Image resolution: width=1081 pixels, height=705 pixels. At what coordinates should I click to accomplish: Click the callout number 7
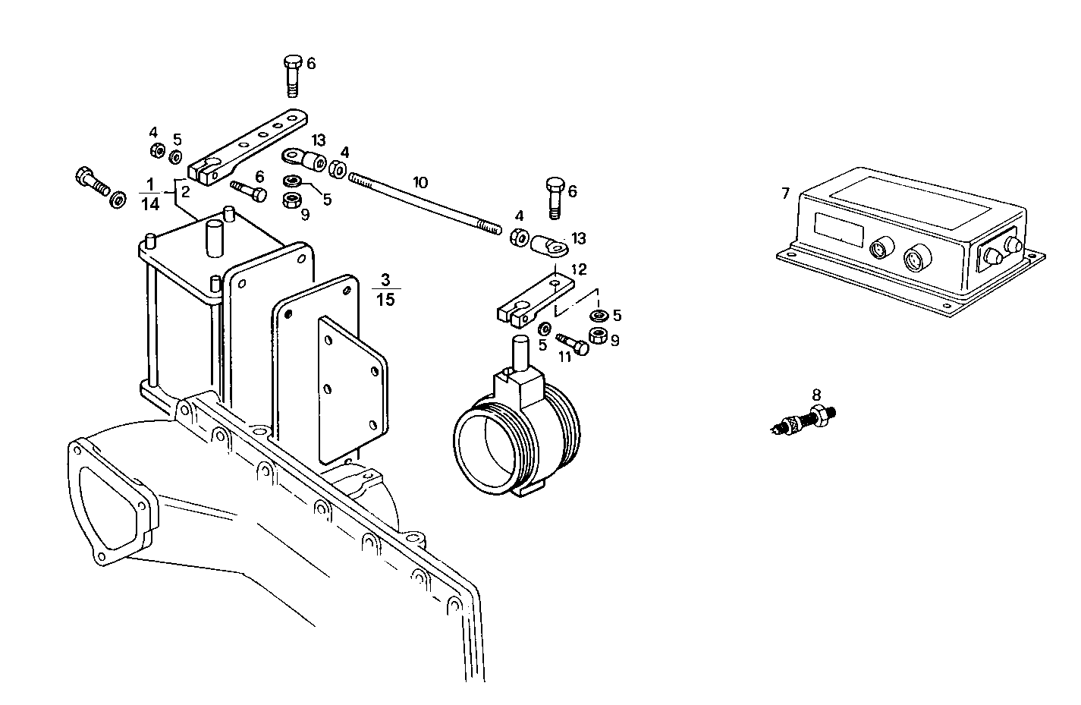coord(785,194)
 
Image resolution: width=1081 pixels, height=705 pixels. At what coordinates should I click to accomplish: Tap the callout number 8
coord(816,395)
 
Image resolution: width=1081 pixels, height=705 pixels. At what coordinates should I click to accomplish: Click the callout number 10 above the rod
coord(420,182)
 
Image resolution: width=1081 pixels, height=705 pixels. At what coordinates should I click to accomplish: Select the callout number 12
coord(579,269)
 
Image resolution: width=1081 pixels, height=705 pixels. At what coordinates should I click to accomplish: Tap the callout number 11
coord(564,357)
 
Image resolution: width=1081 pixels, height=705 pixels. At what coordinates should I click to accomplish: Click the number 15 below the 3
coord(385,300)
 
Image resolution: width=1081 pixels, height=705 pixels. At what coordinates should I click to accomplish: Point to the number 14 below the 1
coord(150,203)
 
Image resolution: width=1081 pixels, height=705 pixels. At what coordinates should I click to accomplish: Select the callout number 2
coord(185,191)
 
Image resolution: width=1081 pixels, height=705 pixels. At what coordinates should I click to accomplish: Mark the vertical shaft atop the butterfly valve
coord(521,353)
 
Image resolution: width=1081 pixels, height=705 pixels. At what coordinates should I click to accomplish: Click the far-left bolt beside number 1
coord(93,182)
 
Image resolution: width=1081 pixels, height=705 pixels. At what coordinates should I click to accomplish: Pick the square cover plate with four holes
coord(352,391)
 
